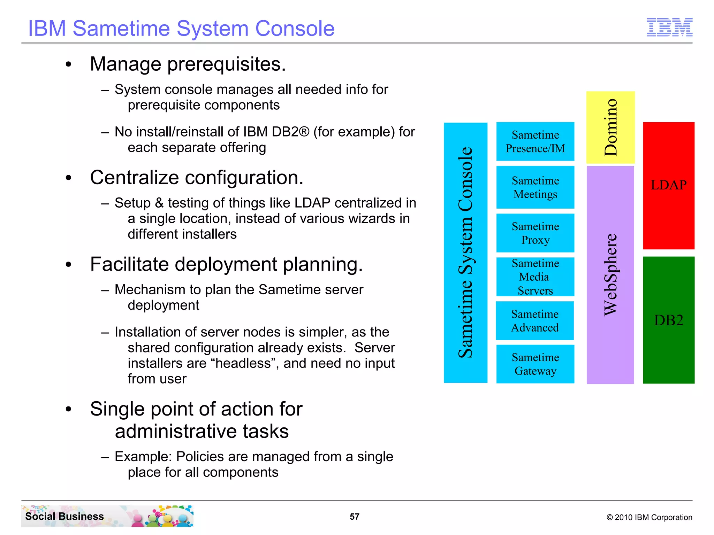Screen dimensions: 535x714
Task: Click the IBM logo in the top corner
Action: (669, 27)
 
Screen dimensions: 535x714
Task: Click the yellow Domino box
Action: (610, 127)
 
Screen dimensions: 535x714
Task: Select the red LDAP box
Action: (668, 185)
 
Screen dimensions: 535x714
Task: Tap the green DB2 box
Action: (668, 320)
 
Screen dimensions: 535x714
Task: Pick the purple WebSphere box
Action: (610, 275)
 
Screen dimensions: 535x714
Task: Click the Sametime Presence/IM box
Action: (535, 141)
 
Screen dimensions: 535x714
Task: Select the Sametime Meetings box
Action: (535, 187)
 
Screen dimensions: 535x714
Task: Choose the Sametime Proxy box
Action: (535, 233)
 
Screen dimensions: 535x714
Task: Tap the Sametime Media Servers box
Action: (535, 277)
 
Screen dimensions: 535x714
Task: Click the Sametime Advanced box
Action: (535, 321)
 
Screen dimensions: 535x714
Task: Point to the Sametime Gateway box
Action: (535, 364)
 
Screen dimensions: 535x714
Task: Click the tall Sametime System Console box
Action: (465, 253)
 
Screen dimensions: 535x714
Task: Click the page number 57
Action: (355, 517)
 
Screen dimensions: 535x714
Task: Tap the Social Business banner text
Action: (64, 516)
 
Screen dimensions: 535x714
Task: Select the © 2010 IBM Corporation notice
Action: (649, 517)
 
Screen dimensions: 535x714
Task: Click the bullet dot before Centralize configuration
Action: (68, 178)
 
